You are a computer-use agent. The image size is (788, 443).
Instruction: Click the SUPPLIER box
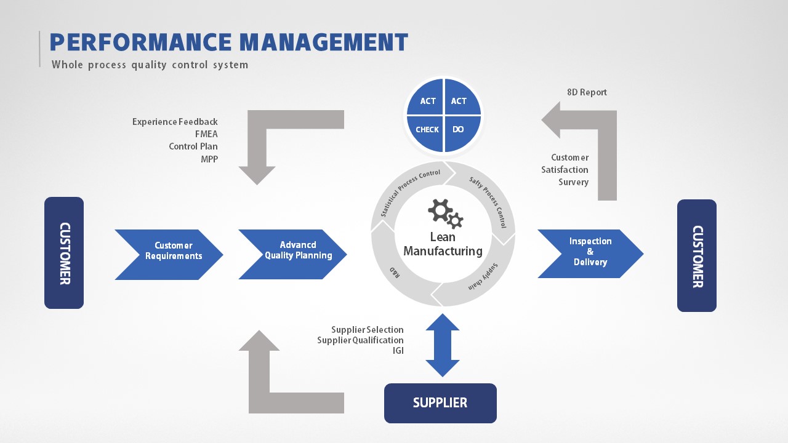pos(440,403)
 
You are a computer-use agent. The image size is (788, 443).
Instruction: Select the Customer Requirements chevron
pos(169,254)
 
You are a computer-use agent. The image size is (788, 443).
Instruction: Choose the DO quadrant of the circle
pos(459,130)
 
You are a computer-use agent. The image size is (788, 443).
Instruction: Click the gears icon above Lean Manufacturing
pos(445,213)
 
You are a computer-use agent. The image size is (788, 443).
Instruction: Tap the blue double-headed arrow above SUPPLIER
pos(443,345)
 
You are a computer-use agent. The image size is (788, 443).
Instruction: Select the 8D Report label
pos(587,92)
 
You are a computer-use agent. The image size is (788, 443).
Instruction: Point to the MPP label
pos(209,159)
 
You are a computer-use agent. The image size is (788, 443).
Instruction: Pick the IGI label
pos(398,351)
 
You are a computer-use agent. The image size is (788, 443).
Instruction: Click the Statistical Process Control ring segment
pos(409,187)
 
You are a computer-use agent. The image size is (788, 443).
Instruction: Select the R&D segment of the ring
pos(393,271)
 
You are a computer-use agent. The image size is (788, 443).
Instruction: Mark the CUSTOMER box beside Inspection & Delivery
pos(697,255)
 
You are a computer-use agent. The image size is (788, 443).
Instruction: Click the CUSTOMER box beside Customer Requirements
pos(64,253)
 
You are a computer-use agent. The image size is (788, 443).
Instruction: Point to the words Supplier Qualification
pos(360,340)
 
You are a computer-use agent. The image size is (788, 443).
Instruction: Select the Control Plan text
pos(193,146)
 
